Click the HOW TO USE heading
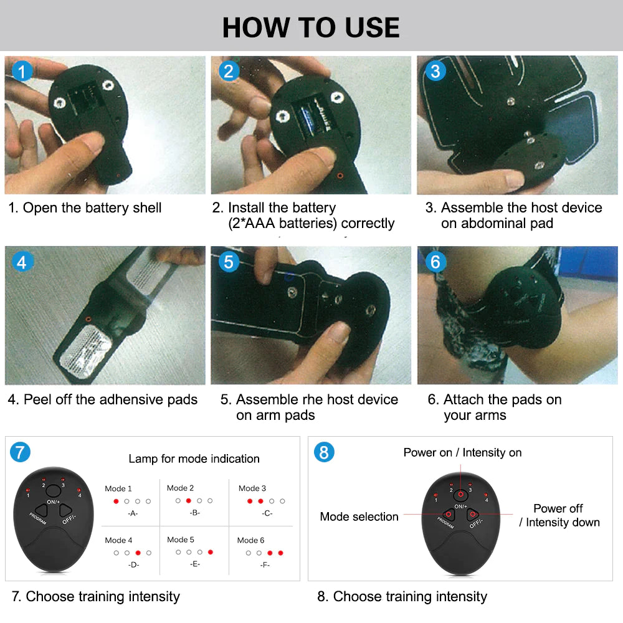click(x=311, y=27)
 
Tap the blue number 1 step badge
click(x=22, y=72)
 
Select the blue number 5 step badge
click(x=229, y=262)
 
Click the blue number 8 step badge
click(x=323, y=452)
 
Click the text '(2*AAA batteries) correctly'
click(x=311, y=224)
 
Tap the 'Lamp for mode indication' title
click(x=194, y=459)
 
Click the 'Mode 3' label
click(x=252, y=488)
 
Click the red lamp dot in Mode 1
click(x=116, y=501)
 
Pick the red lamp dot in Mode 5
click(x=211, y=552)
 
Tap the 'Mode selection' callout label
click(x=359, y=516)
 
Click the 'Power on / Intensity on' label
click(x=462, y=453)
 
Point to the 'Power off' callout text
click(x=558, y=508)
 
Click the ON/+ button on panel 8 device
click(x=460, y=495)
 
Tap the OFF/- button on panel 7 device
click(x=65, y=510)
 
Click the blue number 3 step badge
click(x=435, y=72)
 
